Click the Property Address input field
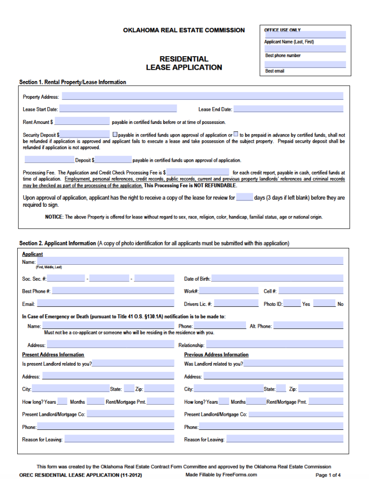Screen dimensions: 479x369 pos(202,96)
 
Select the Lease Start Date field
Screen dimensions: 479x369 pos(118,109)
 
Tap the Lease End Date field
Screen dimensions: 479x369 pos(288,109)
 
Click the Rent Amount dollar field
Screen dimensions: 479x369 pos(82,122)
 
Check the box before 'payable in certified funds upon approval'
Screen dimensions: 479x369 pos(115,134)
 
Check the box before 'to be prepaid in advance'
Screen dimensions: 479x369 pos(236,134)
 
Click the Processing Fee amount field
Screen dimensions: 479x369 pos(198,172)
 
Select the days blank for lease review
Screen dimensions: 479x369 pos(244,197)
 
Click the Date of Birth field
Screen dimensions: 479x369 pos(277,278)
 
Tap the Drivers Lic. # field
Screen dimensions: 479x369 pos(236,304)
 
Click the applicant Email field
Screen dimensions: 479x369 pos(106,304)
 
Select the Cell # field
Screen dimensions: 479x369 pos(311,291)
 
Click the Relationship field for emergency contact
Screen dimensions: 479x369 pos(275,345)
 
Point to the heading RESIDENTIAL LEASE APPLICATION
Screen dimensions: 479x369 pos(184,63)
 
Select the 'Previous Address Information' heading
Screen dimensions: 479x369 pos(216,355)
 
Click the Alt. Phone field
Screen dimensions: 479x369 pos(308,326)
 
